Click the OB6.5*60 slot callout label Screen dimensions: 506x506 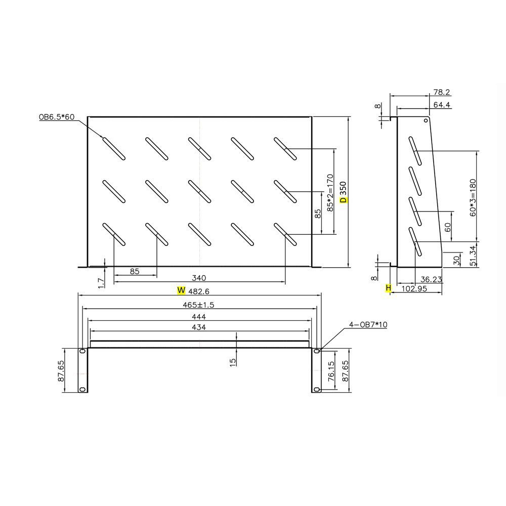click(57, 117)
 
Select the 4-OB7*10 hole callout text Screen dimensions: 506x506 click(368, 325)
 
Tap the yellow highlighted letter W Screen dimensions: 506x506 click(181, 290)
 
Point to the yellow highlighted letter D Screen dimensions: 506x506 click(344, 200)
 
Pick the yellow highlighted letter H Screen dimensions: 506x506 click(389, 288)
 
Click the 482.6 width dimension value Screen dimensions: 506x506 click(199, 291)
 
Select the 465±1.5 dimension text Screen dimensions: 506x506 click(199, 305)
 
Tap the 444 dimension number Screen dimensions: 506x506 click(199, 316)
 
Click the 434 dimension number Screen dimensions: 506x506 click(199, 327)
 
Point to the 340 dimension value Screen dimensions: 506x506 click(199, 278)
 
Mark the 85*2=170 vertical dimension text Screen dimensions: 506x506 click(330, 193)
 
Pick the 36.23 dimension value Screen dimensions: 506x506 click(431, 278)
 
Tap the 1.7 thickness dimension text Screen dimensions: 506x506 click(101, 282)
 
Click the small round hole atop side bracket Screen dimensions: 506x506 click(426, 120)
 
